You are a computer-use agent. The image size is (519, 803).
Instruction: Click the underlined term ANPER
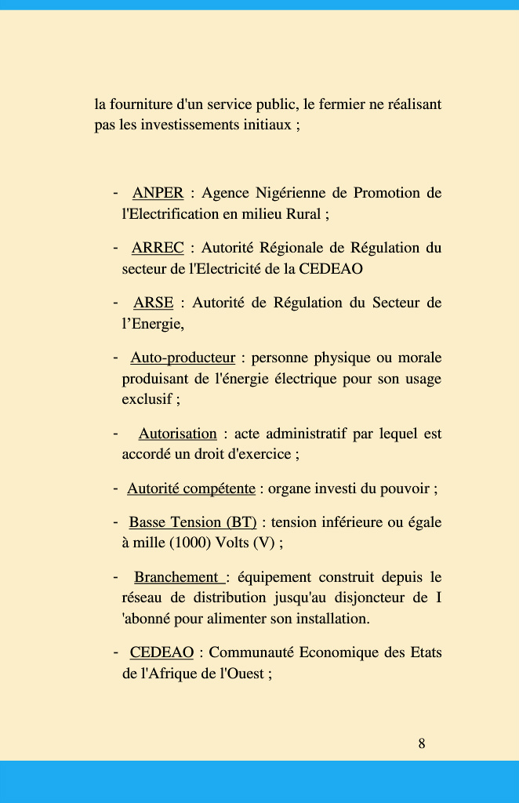coord(158,193)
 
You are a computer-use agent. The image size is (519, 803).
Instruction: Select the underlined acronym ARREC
coord(158,248)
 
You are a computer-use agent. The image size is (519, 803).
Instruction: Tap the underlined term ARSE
coord(153,303)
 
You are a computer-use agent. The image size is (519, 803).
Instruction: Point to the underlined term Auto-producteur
coord(183,358)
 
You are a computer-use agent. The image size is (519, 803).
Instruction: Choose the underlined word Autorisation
coord(177,434)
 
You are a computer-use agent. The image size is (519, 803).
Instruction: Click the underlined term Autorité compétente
coord(191,489)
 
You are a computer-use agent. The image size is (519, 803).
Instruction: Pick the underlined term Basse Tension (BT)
coord(193,522)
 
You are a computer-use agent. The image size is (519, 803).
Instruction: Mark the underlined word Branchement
coord(176,578)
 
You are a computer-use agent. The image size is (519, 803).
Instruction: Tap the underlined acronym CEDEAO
coord(162,652)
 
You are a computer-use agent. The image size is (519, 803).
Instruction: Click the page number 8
coord(422,743)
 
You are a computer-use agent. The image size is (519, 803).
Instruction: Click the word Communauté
coord(251,652)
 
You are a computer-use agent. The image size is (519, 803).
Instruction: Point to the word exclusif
coord(147,399)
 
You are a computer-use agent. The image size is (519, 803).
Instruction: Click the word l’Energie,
coord(153,323)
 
